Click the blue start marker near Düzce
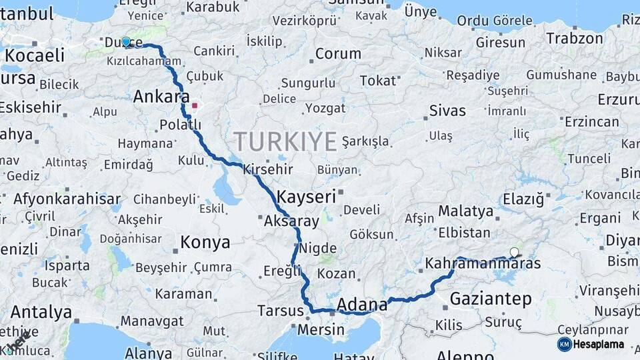(x=125, y=41)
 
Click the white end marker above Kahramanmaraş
(x=514, y=252)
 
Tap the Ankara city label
(x=161, y=97)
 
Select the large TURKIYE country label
(x=285, y=141)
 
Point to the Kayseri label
(x=306, y=197)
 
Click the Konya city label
(x=205, y=241)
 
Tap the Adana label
(x=362, y=305)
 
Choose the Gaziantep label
(x=491, y=299)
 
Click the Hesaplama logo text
(x=599, y=344)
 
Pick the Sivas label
(x=447, y=110)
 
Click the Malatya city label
(x=466, y=212)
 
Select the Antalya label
(x=41, y=312)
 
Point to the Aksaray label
(x=292, y=221)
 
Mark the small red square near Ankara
(x=195, y=105)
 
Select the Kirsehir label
(x=268, y=169)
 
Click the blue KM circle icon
(x=565, y=344)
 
